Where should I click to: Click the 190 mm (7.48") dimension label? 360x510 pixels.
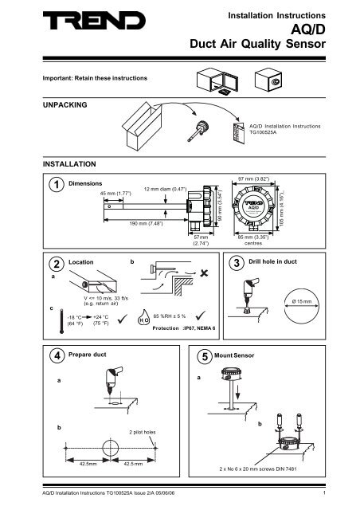[126, 224]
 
